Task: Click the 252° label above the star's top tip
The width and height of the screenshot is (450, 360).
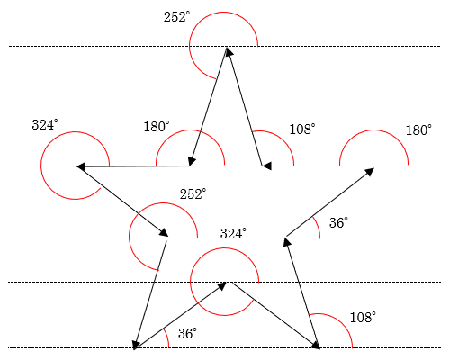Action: click(x=177, y=17)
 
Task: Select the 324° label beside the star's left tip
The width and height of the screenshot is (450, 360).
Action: click(x=45, y=125)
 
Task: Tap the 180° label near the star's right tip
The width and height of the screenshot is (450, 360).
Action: click(x=418, y=130)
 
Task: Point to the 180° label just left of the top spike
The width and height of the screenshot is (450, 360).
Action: click(x=157, y=127)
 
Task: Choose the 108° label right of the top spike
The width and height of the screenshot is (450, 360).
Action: click(x=302, y=130)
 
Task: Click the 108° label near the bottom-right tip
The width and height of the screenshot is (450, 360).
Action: click(x=363, y=317)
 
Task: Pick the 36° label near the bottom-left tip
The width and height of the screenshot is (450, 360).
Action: click(x=188, y=333)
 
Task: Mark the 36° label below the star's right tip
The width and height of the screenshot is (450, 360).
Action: click(x=339, y=222)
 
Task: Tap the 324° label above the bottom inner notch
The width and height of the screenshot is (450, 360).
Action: click(x=233, y=233)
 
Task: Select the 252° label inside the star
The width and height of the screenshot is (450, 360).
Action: click(x=193, y=194)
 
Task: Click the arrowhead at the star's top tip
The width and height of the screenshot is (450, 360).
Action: click(x=229, y=51)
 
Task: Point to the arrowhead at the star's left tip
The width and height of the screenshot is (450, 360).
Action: click(x=81, y=166)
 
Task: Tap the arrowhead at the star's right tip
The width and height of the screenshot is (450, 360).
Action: click(x=370, y=172)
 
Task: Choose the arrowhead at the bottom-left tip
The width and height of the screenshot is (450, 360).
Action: click(x=136, y=345)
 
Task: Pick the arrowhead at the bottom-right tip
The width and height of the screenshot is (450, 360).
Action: click(x=316, y=345)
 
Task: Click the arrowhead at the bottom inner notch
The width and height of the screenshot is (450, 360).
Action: click(x=221, y=286)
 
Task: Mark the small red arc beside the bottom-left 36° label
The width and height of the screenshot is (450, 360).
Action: click(x=166, y=337)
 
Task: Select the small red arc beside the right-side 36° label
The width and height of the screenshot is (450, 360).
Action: click(x=318, y=227)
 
